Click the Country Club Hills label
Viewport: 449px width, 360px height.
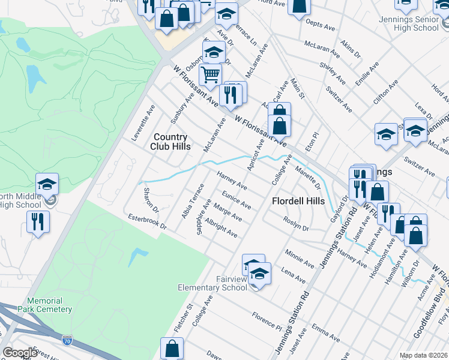[x=172, y=142]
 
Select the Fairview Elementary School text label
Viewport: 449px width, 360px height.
[x=212, y=283]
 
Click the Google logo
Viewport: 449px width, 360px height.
[x=20, y=353]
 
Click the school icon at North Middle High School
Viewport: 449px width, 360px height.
[x=47, y=184]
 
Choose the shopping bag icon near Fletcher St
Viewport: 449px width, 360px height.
[x=172, y=349]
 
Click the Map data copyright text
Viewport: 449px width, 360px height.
[x=424, y=355]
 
